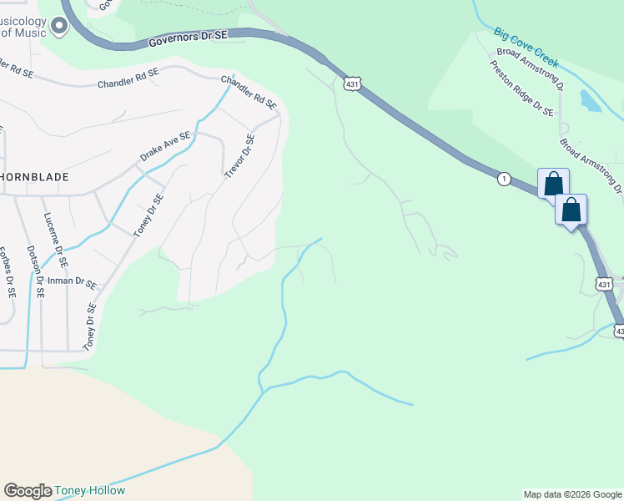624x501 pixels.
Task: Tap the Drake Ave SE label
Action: tap(166, 146)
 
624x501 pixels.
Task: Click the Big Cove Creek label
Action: tap(526, 46)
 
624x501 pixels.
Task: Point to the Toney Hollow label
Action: tap(90, 491)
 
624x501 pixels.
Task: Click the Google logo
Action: tap(28, 491)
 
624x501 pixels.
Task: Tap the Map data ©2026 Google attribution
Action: tap(573, 494)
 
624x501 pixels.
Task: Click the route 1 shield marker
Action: tap(503, 179)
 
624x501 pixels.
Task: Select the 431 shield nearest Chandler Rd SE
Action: tap(351, 84)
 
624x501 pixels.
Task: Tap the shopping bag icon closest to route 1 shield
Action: tap(553, 185)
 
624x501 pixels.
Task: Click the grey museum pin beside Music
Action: tap(58, 28)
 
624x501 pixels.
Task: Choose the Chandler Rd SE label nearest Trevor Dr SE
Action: tap(249, 92)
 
